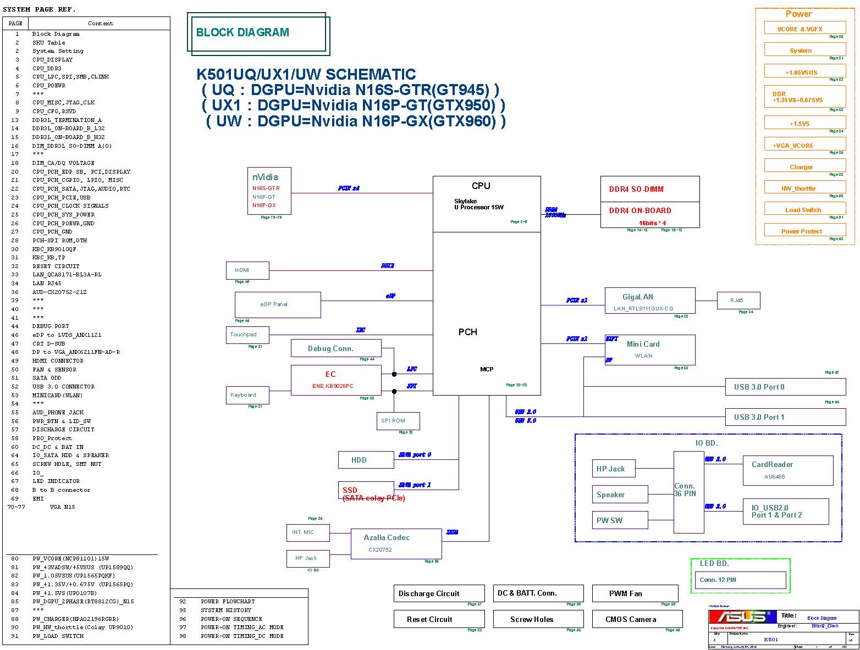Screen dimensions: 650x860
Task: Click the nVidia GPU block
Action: [269, 191]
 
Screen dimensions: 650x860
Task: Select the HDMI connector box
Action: [247, 270]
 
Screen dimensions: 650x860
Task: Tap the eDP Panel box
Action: [278, 304]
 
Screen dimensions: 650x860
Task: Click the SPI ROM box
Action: [398, 421]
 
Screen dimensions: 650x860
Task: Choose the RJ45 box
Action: [738, 301]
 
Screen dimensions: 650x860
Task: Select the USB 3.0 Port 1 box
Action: [785, 417]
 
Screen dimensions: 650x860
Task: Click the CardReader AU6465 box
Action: [787, 470]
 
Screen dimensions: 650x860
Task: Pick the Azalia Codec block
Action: [396, 543]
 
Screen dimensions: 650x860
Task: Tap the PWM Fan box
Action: [635, 593]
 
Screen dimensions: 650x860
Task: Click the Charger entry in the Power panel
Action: [804, 166]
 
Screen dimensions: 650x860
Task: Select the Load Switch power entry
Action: [804, 209]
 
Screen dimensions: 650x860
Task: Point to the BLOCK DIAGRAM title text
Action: [242, 32]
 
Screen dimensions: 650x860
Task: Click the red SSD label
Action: [350, 490]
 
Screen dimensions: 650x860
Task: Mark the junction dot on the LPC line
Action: [394, 374]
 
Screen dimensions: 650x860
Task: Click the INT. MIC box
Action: [308, 532]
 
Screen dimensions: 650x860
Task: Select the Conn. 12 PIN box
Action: [740, 580]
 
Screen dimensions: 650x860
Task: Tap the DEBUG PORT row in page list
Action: [51, 326]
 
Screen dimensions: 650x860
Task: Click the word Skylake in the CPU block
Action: [465, 201]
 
